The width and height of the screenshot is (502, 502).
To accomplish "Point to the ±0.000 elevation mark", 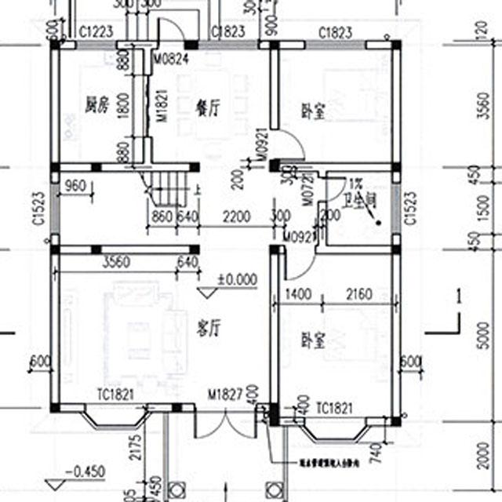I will click(x=237, y=278).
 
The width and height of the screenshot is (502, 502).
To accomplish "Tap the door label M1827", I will click(x=223, y=393).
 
